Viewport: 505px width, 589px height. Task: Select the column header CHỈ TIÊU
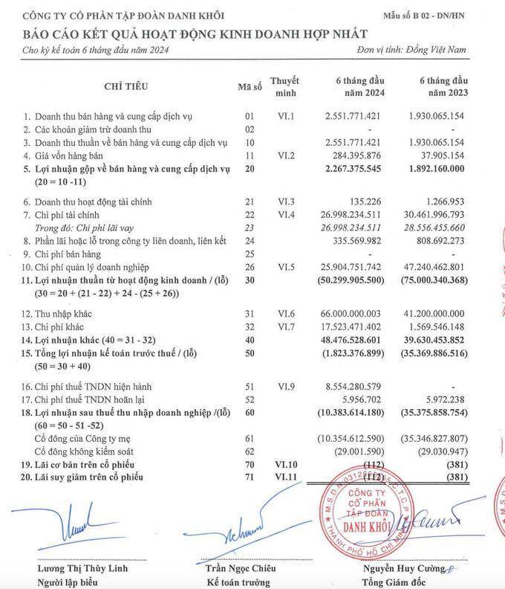pos(125,86)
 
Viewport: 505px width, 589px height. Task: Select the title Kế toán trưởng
pos(239,582)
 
